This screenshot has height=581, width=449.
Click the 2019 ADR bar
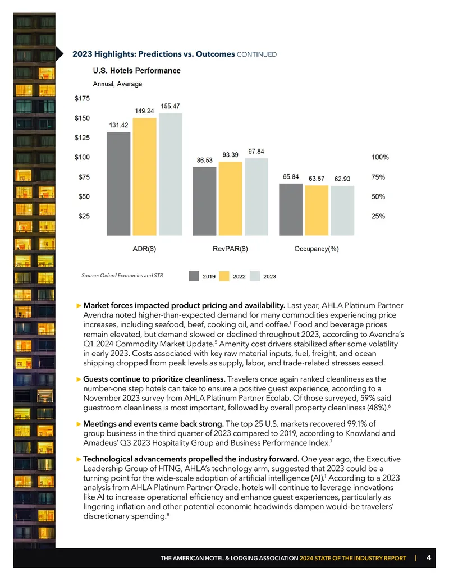point(118,184)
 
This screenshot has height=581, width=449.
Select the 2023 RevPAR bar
point(256,197)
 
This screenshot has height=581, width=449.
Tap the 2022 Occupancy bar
point(317,211)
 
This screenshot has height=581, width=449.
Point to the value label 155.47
point(170,106)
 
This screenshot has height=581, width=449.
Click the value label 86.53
point(204,160)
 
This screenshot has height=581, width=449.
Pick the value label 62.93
point(342,179)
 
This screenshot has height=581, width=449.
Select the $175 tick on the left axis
point(83,99)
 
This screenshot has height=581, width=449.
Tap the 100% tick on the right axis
point(380,158)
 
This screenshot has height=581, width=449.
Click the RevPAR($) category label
point(231,249)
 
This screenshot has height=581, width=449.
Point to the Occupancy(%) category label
point(317,249)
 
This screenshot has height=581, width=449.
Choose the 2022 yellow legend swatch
point(224,276)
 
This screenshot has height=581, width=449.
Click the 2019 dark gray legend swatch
point(194,276)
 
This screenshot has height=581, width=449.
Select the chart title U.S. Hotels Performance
point(137,70)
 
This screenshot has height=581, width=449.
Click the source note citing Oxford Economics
point(122,275)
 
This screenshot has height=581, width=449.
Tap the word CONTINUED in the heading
point(256,54)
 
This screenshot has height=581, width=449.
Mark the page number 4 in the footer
point(429,557)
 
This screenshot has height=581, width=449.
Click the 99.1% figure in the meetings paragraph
point(357,423)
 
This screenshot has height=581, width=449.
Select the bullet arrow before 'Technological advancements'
point(79,459)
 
